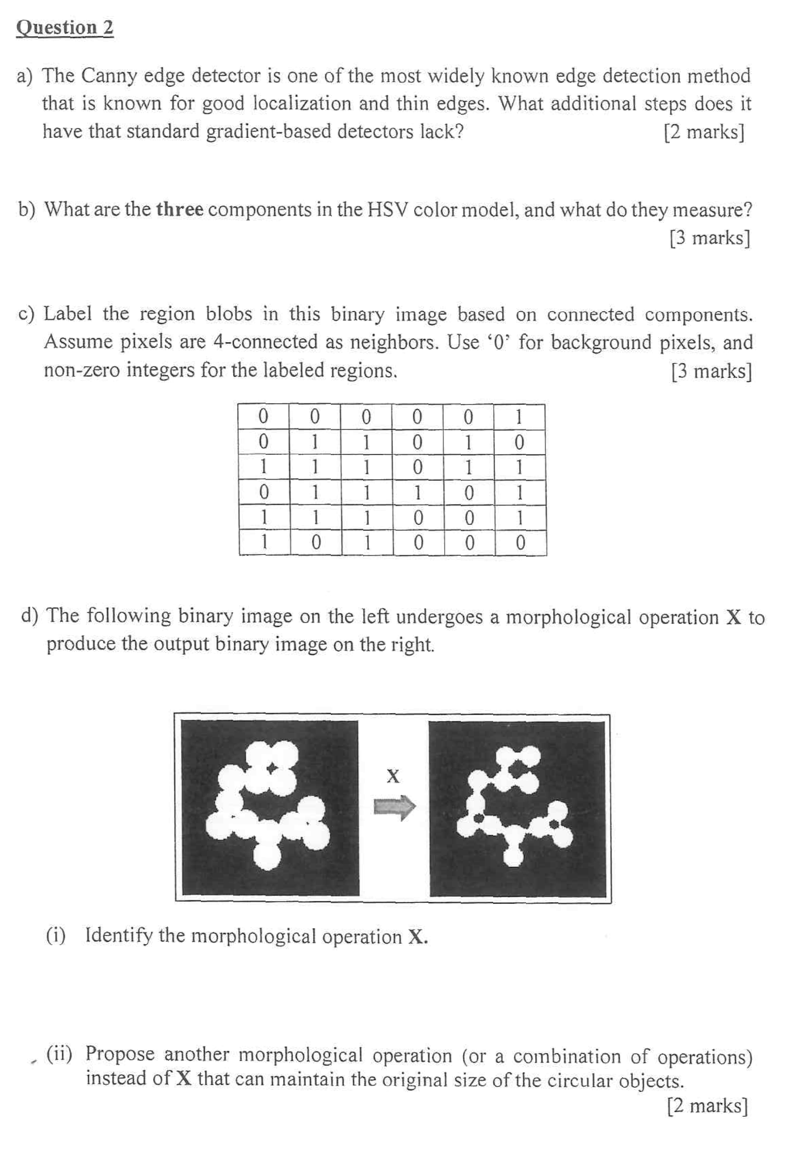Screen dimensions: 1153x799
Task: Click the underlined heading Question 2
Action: click(65, 28)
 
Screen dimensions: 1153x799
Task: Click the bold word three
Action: click(179, 210)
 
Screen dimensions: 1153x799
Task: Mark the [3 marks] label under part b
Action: click(709, 238)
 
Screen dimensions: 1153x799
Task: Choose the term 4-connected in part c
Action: click(265, 342)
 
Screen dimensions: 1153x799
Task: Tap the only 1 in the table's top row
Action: click(519, 418)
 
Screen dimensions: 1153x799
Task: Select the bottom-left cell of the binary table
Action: click(264, 543)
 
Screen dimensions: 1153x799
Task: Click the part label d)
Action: click(30, 616)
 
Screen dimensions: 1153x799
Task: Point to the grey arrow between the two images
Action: click(394, 807)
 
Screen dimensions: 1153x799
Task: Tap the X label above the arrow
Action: click(393, 776)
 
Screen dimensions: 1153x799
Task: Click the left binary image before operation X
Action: click(270, 808)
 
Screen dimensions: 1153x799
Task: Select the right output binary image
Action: click(518, 808)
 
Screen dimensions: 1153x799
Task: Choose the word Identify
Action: click(118, 936)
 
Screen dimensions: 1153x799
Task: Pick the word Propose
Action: click(120, 1054)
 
